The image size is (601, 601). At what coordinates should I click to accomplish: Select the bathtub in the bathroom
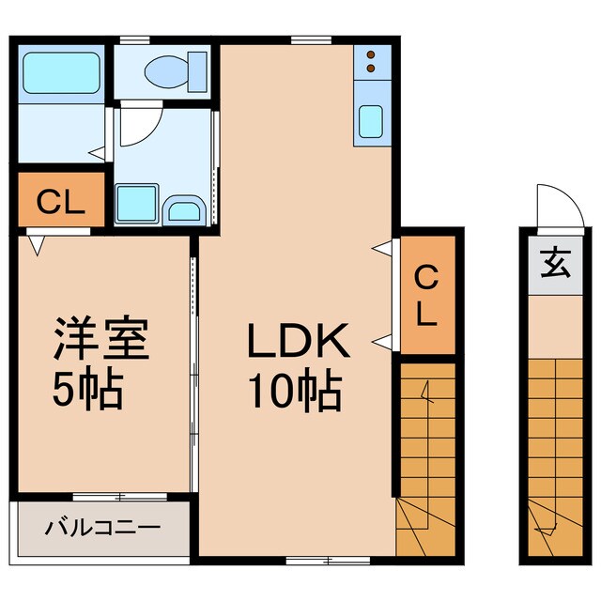click(62, 73)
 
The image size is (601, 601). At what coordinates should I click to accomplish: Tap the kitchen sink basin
click(371, 123)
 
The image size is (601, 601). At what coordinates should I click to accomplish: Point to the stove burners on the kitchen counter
click(370, 61)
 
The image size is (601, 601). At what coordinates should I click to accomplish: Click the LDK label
click(299, 343)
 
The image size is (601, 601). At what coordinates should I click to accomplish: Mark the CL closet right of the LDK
click(426, 295)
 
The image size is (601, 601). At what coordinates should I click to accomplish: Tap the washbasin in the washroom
click(181, 210)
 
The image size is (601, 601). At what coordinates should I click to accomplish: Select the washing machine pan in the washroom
click(136, 203)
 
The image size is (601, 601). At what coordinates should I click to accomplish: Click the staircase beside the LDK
click(426, 460)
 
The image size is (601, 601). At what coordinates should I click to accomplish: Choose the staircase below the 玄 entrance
click(553, 451)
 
